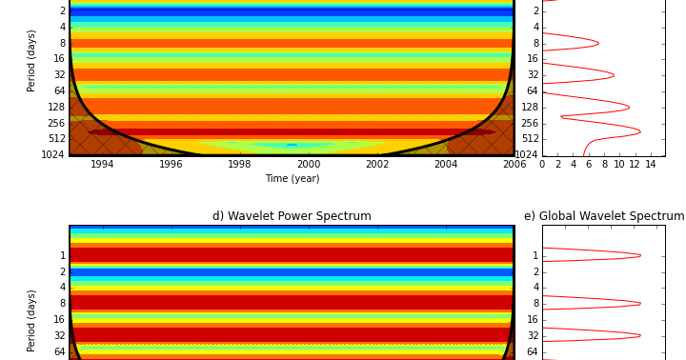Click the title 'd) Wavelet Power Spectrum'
(292, 216)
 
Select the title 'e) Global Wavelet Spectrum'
(604, 216)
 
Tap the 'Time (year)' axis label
(292, 179)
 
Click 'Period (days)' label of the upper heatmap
(31, 60)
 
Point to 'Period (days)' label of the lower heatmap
(31, 320)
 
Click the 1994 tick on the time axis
(102, 165)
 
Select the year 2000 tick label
(309, 165)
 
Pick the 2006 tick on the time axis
(514, 165)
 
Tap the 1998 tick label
(240, 165)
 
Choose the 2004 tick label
(446, 165)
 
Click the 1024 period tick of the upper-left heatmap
(53, 154)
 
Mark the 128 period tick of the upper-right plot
(530, 107)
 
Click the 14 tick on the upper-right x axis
(650, 165)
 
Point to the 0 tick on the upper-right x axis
(542, 165)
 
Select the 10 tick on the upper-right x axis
(619, 165)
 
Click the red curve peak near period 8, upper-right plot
(598, 43)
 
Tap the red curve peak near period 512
(640, 131)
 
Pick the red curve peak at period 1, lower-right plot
(640, 255)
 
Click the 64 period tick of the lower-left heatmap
(59, 351)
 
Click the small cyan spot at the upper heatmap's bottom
(292, 145)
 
